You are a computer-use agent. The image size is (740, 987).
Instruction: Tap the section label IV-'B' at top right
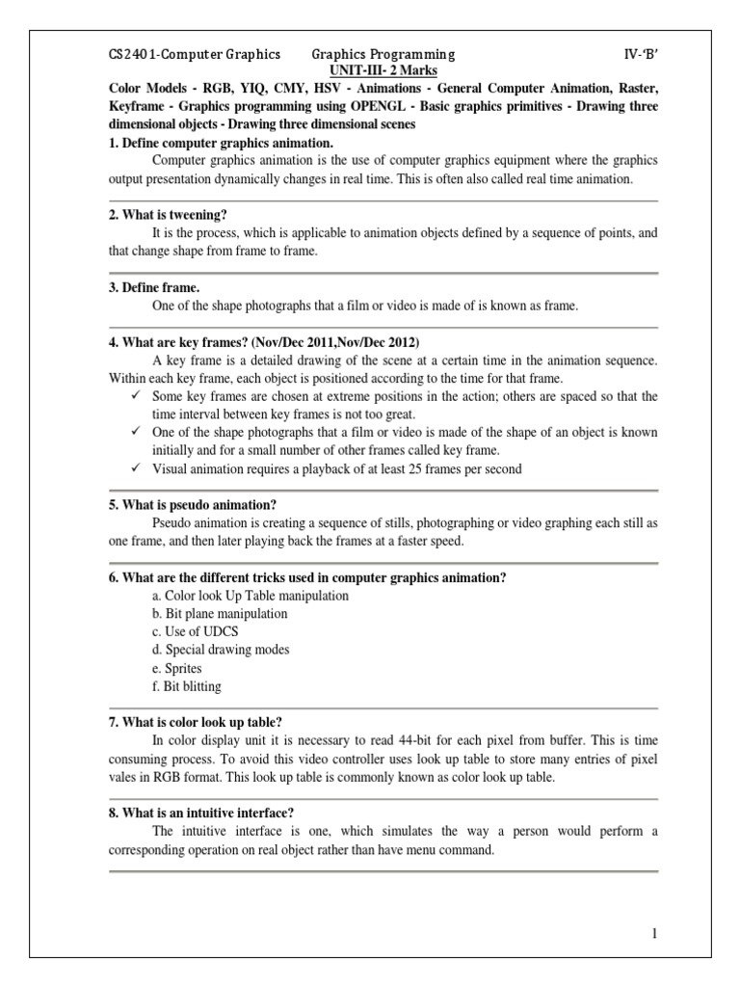coord(637,55)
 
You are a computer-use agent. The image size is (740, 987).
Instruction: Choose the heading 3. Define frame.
coord(154,288)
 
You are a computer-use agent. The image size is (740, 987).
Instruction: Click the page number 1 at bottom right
coord(654,933)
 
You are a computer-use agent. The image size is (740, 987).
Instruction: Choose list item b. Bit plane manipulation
coord(220,614)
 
